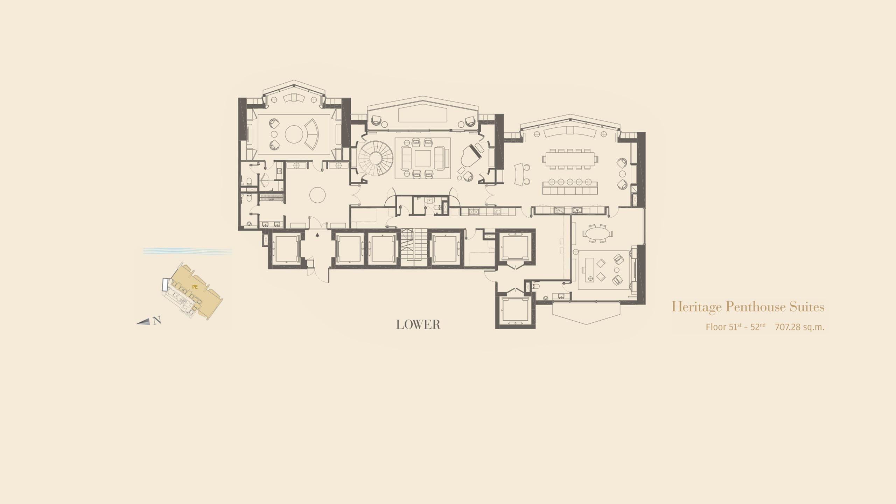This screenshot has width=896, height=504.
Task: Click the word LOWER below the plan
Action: pos(418,325)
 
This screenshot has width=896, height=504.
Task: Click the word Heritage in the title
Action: pos(696,307)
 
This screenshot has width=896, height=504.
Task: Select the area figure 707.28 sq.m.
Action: pos(800,327)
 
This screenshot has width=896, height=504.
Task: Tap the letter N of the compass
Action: pos(157,320)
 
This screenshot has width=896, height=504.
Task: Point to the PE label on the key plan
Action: pos(195,287)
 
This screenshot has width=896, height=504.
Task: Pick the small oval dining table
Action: pos(597,233)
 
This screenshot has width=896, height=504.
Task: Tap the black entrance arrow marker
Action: pos(317,235)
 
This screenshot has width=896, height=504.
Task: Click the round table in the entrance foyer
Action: pos(318,195)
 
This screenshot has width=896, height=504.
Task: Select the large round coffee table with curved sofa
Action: pos(294,134)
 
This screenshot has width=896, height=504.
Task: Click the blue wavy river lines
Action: pos(188,251)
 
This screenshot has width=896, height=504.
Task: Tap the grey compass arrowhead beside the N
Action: pos(143,322)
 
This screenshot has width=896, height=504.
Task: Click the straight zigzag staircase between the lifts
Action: pos(414,248)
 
